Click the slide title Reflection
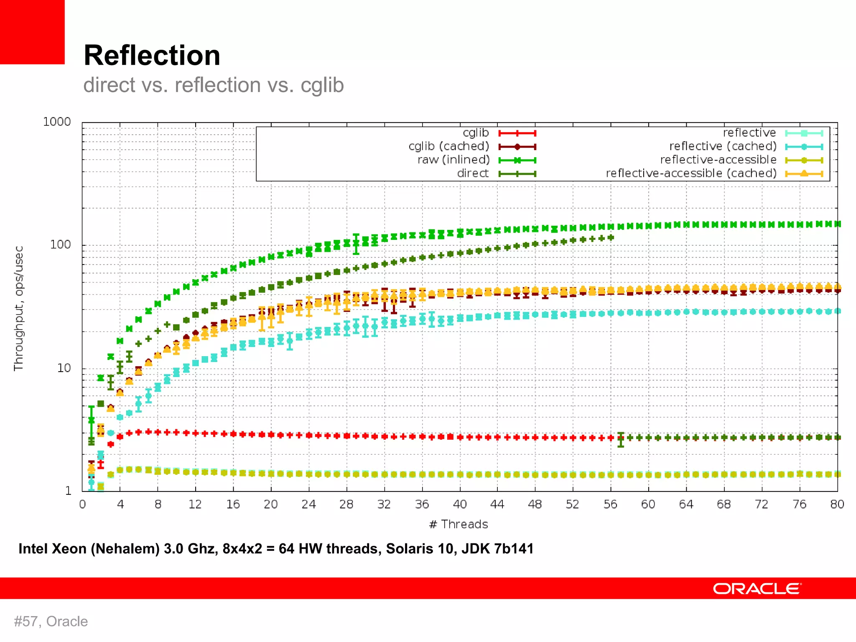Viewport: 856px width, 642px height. pyautogui.click(x=152, y=56)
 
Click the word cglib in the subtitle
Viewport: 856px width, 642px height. pyautogui.click(x=322, y=85)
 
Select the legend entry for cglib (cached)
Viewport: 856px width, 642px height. pyautogui.click(x=448, y=146)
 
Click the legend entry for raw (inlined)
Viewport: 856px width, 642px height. pyautogui.click(x=453, y=160)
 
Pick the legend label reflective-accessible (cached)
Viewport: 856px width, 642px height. pyautogui.click(x=691, y=173)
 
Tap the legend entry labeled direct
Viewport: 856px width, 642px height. pyautogui.click(x=472, y=173)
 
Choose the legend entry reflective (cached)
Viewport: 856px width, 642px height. pyautogui.click(x=723, y=146)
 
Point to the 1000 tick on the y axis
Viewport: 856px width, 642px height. pyautogui.click(x=57, y=122)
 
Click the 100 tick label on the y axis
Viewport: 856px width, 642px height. pyautogui.click(x=60, y=245)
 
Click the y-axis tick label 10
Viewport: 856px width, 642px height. pyautogui.click(x=64, y=368)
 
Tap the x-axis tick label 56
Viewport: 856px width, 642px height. pyautogui.click(x=610, y=504)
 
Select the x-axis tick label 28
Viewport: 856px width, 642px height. pyautogui.click(x=346, y=504)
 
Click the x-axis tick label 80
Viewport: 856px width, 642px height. pyautogui.click(x=837, y=504)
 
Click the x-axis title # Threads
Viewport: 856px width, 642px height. pyautogui.click(x=459, y=524)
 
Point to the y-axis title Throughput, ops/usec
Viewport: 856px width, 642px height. pyautogui.click(x=18, y=308)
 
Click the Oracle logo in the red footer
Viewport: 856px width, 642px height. pyautogui.click(x=757, y=588)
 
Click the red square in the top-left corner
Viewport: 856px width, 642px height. pyautogui.click(x=32, y=32)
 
